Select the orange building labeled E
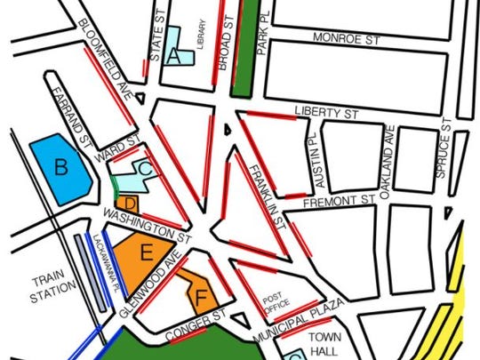(147, 254)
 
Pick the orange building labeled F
(201, 293)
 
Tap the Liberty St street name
(325, 114)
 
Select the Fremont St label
(330, 203)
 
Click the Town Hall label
(326, 345)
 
